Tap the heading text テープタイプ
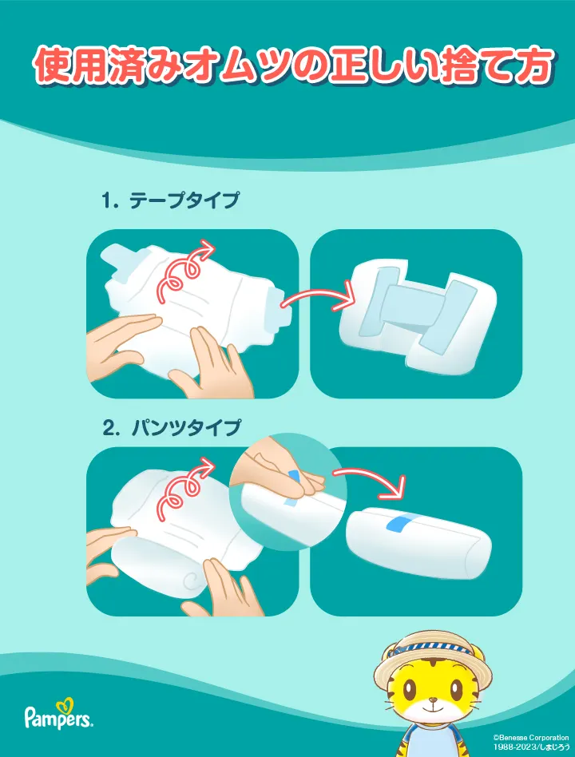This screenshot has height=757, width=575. point(184,200)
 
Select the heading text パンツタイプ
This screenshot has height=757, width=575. point(186,427)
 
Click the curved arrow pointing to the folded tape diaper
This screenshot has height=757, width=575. point(319,295)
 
